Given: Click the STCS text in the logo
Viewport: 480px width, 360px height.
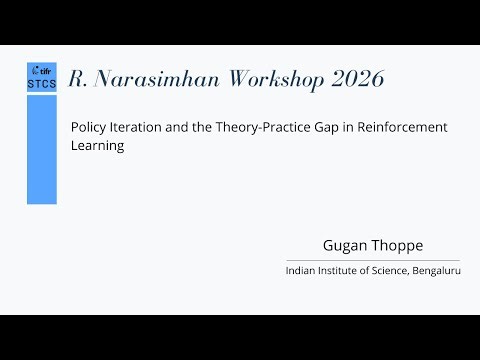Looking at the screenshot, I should coord(41,85).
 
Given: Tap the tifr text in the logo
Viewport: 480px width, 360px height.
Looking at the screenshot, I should coord(44,71).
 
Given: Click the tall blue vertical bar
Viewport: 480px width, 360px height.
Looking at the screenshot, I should coord(41,149).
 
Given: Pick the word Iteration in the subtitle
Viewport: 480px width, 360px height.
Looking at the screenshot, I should coord(140,128).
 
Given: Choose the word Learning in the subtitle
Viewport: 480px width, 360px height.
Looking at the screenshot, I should coord(96,146).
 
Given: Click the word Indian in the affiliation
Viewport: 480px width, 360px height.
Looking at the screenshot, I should coord(301,271).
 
